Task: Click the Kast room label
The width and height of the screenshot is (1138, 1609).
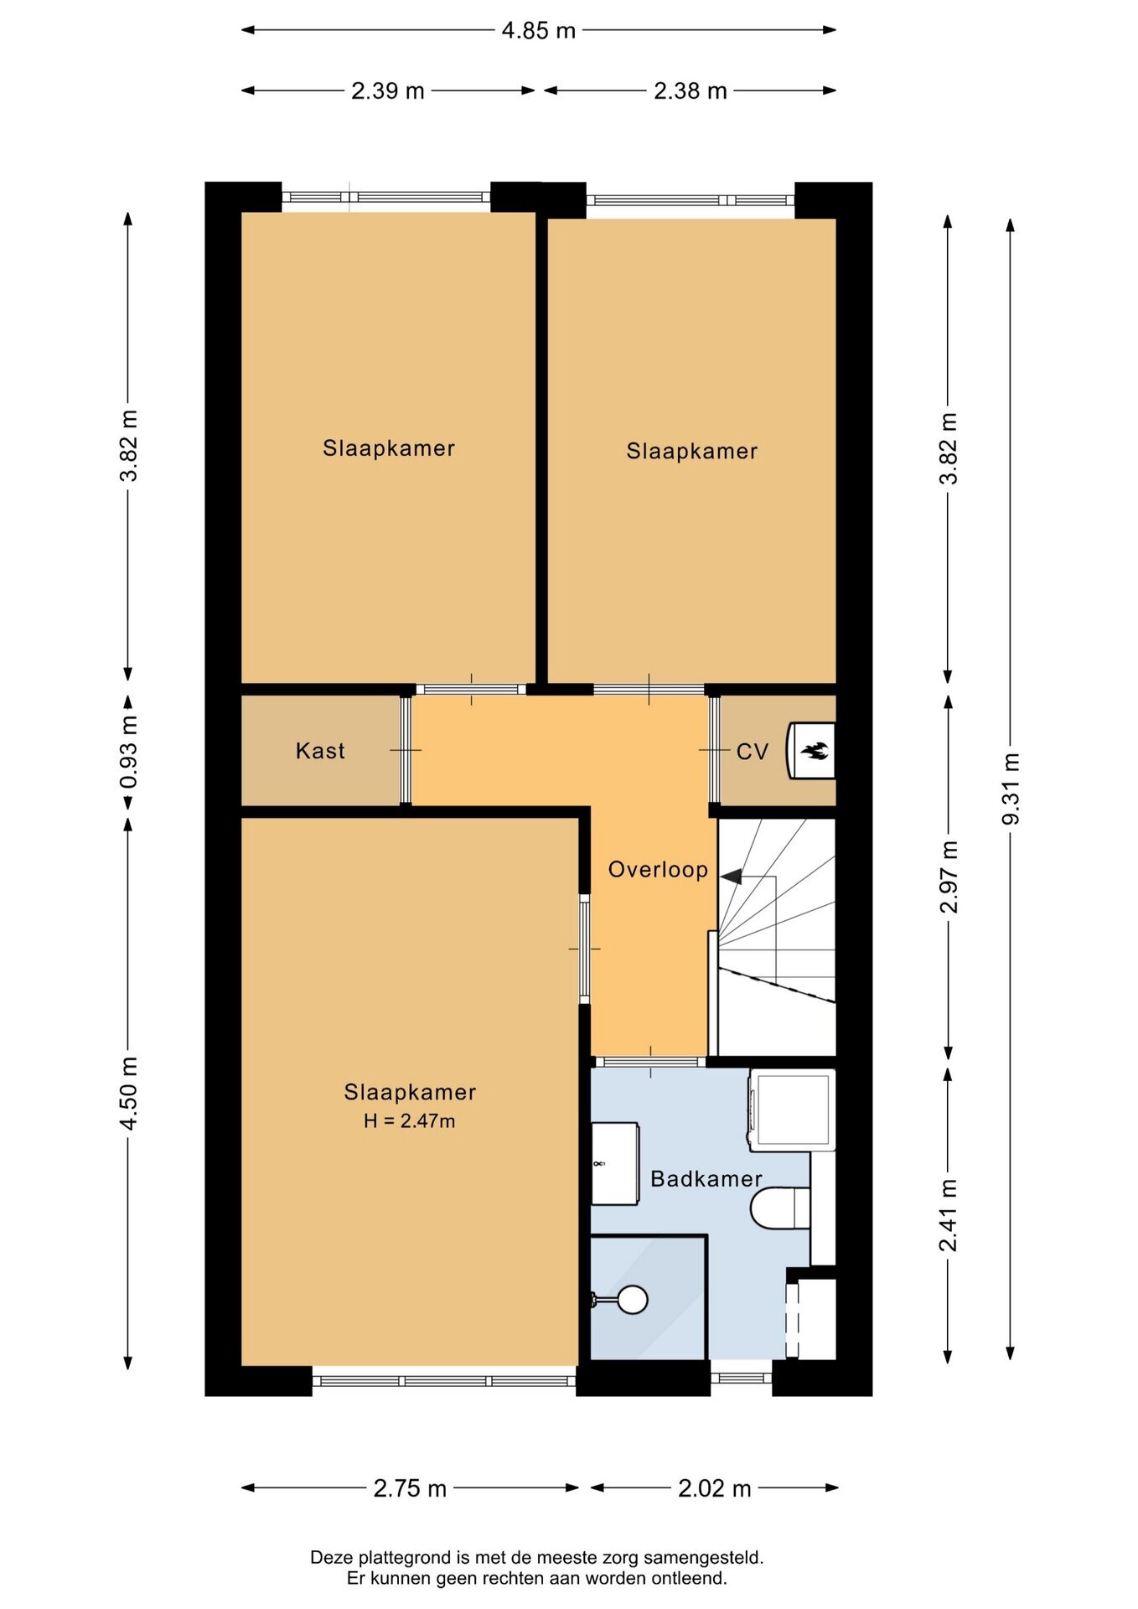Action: [320, 750]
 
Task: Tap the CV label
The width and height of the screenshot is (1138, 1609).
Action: [753, 752]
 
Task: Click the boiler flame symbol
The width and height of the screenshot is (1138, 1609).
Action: [815, 750]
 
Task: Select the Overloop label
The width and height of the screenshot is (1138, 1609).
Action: [658, 869]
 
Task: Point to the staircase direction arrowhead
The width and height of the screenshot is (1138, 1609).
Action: [731, 877]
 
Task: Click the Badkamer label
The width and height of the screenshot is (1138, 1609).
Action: [706, 1178]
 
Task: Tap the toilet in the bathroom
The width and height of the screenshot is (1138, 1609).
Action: [780, 1208]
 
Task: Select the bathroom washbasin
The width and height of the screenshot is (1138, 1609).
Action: [615, 1163]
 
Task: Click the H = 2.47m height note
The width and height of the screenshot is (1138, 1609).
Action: [410, 1120]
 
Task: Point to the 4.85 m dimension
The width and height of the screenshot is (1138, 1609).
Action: [539, 30]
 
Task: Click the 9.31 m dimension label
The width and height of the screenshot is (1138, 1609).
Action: [1011, 788]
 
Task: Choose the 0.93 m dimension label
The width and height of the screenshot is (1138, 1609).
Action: [128, 752]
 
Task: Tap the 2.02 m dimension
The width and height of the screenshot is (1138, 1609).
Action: [714, 1488]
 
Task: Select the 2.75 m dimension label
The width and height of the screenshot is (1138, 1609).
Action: [410, 1488]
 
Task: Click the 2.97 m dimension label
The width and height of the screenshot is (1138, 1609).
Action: [948, 877]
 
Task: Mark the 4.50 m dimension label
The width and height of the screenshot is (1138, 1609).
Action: [128, 1093]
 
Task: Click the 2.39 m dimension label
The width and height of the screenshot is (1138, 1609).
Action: [388, 91]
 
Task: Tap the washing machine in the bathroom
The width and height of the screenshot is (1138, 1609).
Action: [792, 1109]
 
